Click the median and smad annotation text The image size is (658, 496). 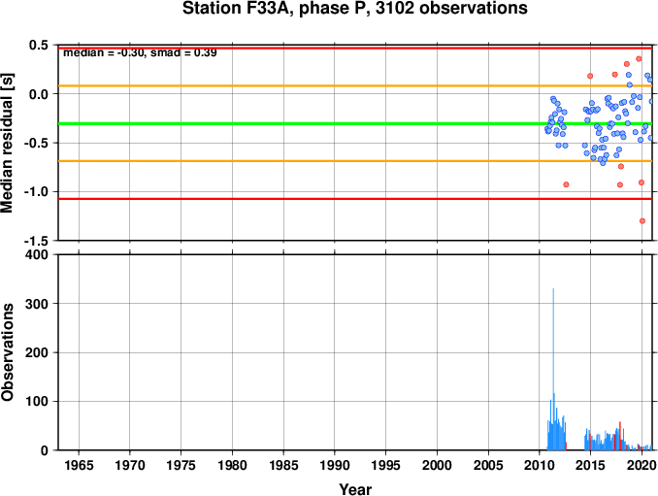tap(140, 52)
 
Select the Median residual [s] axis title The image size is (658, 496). tap(7, 143)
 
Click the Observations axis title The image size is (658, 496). tap(7, 352)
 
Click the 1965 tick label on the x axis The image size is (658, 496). tap(79, 465)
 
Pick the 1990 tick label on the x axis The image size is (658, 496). tap(335, 465)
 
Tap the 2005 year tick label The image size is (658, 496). tap(488, 465)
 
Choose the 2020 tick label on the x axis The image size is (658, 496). tap(642, 465)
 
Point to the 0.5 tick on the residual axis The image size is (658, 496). tap(39, 45)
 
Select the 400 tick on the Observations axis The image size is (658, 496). tap(37, 254)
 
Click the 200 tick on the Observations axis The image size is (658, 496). tap(37, 352)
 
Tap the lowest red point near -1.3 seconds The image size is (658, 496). tap(642, 220)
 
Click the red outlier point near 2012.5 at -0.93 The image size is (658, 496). tap(566, 184)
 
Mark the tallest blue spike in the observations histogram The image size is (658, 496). tap(553, 369)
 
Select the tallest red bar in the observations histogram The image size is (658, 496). tap(620, 436)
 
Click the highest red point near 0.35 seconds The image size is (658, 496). tap(639, 59)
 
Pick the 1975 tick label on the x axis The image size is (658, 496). tap(181, 465)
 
